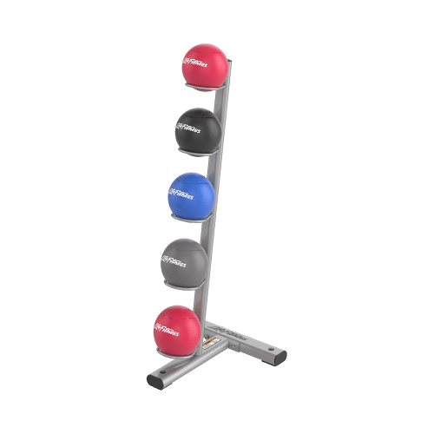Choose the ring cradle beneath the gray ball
point(187,284)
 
